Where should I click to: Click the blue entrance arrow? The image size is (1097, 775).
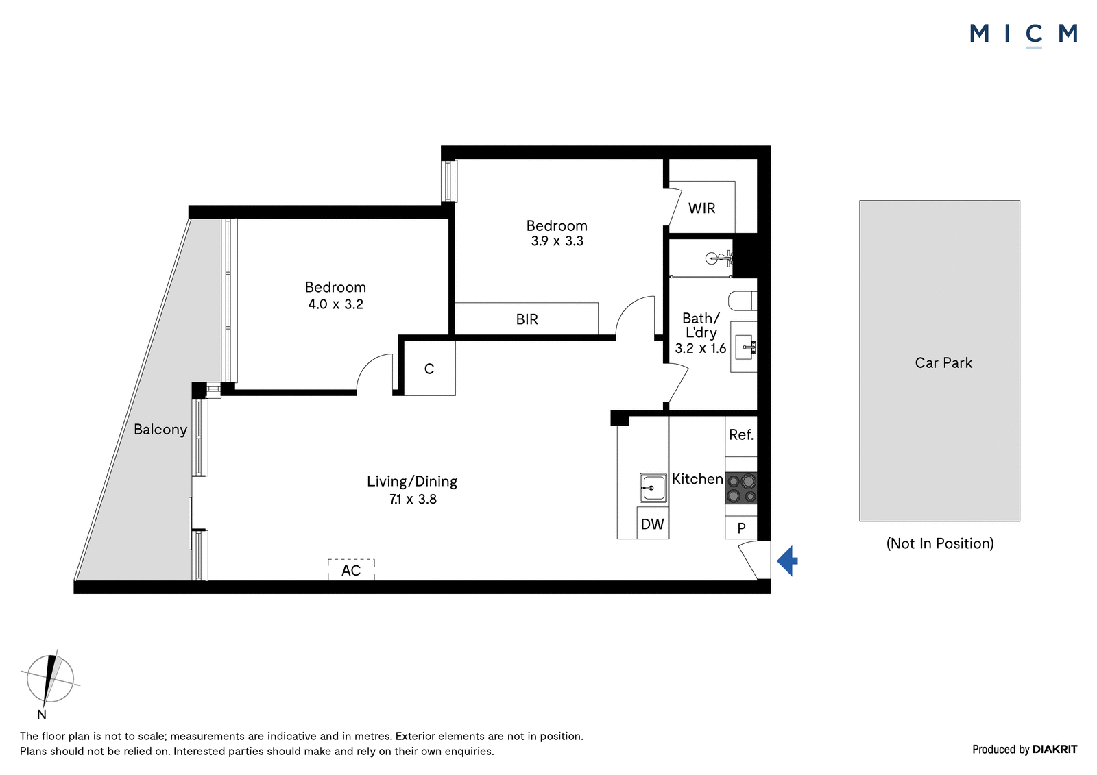[x=788, y=561]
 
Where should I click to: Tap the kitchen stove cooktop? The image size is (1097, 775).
[x=741, y=488]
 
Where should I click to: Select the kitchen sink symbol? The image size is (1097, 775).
[x=653, y=488]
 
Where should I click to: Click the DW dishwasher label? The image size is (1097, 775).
[x=652, y=524]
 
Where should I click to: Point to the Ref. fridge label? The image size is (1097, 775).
[x=741, y=434]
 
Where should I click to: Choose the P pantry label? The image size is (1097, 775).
[x=741, y=528]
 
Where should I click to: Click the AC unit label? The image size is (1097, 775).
[x=351, y=570]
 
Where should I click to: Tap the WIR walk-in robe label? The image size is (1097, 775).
[x=702, y=208]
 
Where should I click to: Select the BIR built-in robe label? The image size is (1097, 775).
[x=527, y=320]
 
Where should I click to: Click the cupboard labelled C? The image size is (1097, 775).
[x=429, y=369]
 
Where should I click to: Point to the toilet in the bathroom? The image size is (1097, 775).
[x=743, y=301]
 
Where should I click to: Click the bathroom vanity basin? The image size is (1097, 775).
[x=744, y=347]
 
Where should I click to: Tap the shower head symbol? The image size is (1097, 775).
[x=719, y=258]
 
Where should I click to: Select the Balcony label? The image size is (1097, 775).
[x=160, y=430]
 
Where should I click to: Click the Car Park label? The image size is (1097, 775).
[x=943, y=362]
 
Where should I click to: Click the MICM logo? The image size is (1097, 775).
[x=1024, y=34]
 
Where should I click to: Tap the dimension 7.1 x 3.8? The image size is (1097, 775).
[x=413, y=500]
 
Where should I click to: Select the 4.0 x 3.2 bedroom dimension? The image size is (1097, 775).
[x=335, y=304]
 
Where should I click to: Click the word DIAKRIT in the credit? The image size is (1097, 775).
[x=1055, y=750]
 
